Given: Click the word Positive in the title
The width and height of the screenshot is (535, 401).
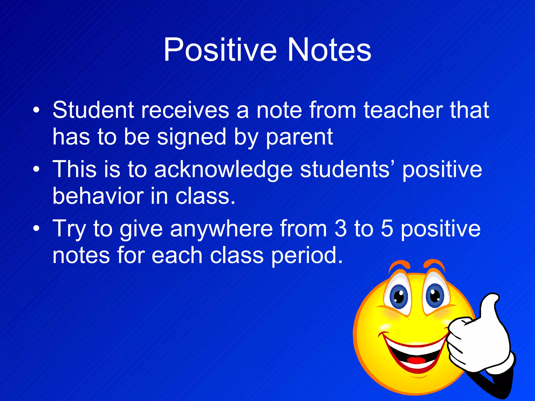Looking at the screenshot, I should click(220, 50).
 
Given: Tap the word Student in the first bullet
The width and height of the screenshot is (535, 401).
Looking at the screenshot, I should click(93, 110).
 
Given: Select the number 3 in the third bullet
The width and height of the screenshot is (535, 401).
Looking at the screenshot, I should click(340, 229).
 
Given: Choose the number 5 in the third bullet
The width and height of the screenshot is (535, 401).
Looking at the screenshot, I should click(387, 229).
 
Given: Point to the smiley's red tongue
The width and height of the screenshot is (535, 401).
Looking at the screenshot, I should click(416, 360).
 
